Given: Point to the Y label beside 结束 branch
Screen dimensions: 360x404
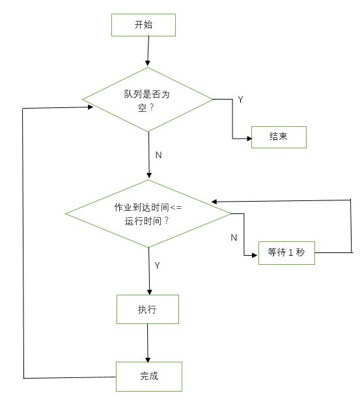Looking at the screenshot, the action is (240, 100).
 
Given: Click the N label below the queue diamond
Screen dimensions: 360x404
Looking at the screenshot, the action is (159, 155).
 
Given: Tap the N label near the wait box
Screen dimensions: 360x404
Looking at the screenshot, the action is (234, 237).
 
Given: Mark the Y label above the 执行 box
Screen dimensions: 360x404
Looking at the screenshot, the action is (157, 265).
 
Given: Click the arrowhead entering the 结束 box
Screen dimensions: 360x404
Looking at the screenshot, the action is (249, 139).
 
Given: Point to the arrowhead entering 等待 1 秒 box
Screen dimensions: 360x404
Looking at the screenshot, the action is (255, 255).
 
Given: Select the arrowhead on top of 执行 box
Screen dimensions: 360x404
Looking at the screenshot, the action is (150, 292).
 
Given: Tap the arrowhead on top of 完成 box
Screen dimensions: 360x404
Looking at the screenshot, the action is (148, 360).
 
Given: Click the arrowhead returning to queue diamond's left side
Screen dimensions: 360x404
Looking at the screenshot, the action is (90, 107).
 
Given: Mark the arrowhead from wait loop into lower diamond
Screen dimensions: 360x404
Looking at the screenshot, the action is (214, 202).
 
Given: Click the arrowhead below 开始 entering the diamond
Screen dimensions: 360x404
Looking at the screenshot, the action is (148, 63).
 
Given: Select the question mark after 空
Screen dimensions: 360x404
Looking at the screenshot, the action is (152, 107).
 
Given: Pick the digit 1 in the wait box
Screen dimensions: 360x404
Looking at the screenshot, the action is (290, 252).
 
